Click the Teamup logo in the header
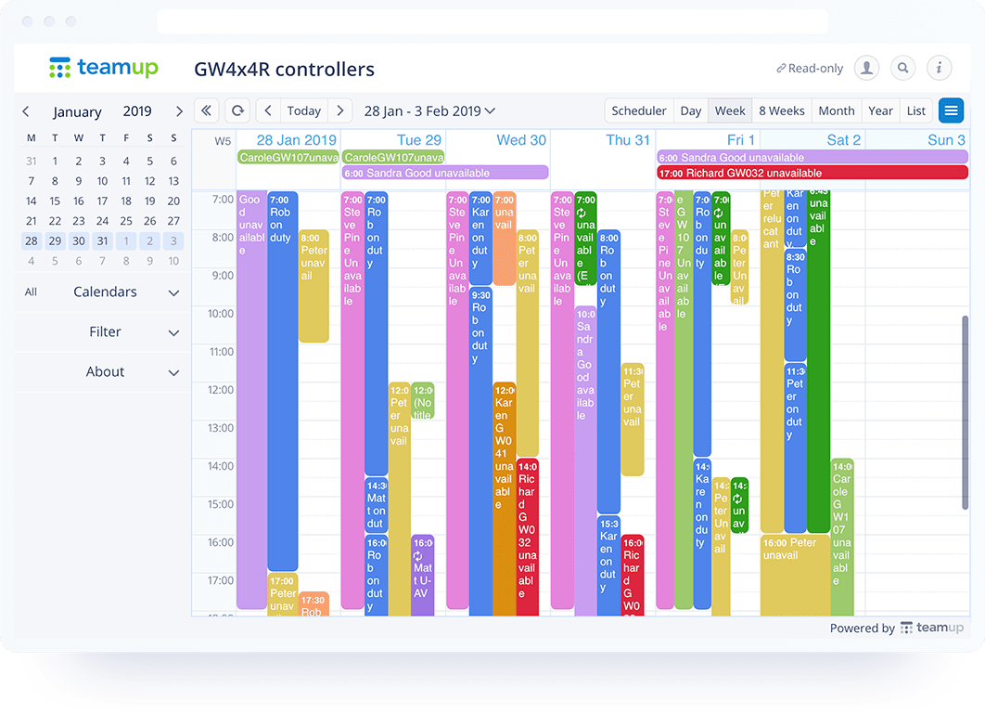tap(103, 68)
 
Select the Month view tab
tap(836, 110)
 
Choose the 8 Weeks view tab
tap(781, 110)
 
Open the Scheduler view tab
tap(638, 110)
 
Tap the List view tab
tap(916, 110)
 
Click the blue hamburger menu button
tap(951, 110)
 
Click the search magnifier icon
tap(902, 68)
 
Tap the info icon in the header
tap(940, 68)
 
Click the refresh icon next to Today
tap(237, 110)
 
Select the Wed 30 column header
tap(521, 140)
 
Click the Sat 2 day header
tap(843, 140)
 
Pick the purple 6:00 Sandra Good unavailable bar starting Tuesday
tap(445, 173)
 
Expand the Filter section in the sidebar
tap(105, 331)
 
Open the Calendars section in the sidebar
tap(105, 292)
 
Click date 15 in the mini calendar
tap(55, 201)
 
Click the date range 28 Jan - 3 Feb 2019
tap(429, 110)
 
